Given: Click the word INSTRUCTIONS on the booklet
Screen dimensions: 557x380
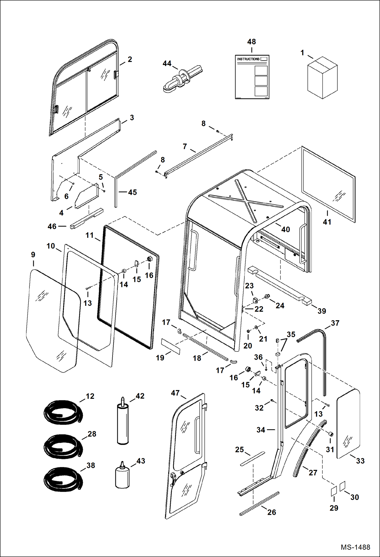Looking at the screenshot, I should coord(248,59).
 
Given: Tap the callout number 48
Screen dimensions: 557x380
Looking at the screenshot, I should coord(251,42).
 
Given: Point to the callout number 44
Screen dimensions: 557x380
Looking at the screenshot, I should coord(167,63).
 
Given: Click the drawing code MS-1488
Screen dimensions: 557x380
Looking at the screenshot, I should coord(355,547).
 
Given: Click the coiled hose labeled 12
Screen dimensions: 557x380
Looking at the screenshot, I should coord(63,412).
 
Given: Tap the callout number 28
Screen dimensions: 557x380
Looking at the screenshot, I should coord(92,434).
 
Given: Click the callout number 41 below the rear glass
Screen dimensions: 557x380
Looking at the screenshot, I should coord(327,222).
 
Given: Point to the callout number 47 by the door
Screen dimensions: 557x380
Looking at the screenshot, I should coord(175,393).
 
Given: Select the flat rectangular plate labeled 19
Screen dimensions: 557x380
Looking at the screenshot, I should coord(171,346).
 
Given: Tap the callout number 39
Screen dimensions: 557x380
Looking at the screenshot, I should coord(322,311).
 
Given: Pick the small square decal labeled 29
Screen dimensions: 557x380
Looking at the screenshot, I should coord(334,491).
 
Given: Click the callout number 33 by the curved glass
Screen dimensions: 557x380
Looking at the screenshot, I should coord(360,461).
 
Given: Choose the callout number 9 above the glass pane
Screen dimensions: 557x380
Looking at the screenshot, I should coord(33,254).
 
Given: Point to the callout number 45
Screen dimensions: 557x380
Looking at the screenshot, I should coord(132,192).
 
